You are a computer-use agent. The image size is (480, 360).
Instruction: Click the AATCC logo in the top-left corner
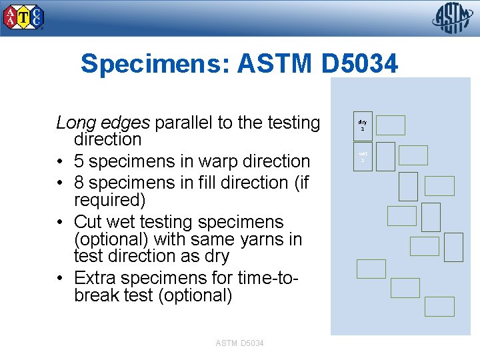coord(25,17)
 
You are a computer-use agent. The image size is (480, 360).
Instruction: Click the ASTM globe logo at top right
coord(453,18)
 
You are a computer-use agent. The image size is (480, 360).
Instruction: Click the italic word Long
coord(74,123)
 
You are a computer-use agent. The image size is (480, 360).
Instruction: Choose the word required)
coord(108,200)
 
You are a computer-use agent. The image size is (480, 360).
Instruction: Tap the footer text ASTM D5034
coord(239,343)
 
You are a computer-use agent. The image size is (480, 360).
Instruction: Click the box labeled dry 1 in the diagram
coord(363,125)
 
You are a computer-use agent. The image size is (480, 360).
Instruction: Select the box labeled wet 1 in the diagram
coord(363,157)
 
